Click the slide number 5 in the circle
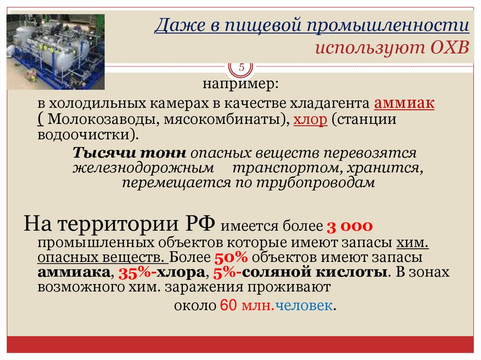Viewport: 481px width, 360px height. coord(241,68)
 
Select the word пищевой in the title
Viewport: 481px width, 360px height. coord(263,27)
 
